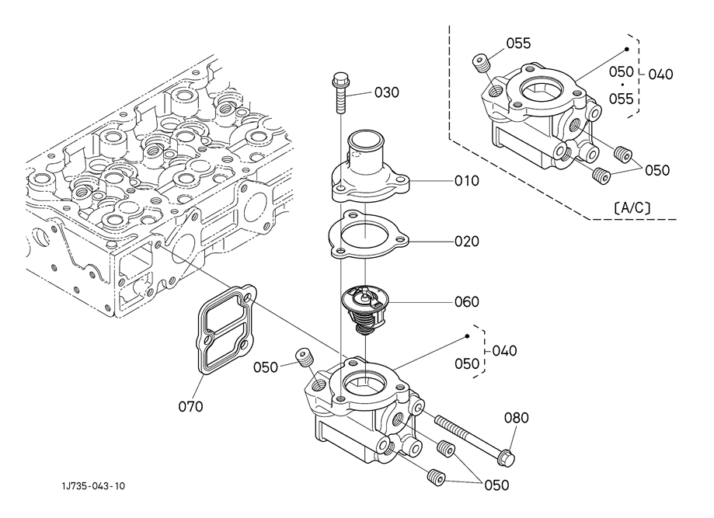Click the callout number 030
387,92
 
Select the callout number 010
467,181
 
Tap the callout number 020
467,242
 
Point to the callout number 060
467,302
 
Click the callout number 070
190,406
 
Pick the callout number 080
517,417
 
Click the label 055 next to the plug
519,43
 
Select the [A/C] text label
632,208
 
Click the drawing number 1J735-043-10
93,486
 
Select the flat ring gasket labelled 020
368,235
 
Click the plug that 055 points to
480,63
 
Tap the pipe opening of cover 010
364,137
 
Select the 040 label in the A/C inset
660,75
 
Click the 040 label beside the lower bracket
504,351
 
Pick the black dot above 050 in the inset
626,49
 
